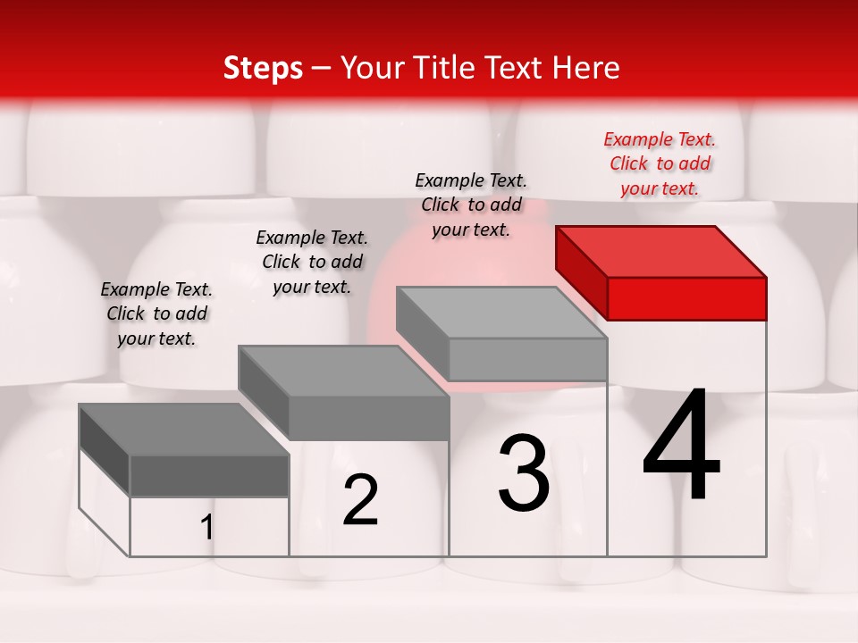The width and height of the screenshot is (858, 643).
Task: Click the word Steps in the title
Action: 263,68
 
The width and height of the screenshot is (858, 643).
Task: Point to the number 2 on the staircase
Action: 360,500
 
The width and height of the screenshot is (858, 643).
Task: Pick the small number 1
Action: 207,528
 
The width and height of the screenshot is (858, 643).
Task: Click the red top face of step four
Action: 661,251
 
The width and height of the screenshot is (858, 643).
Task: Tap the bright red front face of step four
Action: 686,298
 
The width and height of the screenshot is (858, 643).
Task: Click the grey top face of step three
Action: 501,313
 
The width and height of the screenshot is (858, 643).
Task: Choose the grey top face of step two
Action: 343,371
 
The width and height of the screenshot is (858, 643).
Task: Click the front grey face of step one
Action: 209,475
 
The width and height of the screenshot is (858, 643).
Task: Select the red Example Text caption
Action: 660,163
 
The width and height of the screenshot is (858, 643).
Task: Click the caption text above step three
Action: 471,205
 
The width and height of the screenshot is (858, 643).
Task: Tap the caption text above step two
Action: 312,262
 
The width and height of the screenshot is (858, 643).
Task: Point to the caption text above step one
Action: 156,313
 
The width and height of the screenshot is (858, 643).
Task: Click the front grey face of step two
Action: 368,418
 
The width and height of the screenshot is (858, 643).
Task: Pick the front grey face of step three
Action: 527,359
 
